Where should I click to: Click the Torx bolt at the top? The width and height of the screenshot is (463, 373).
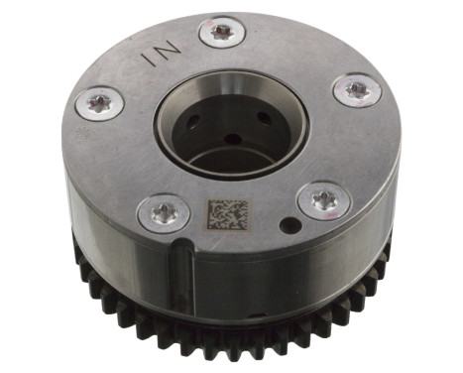coord(222,33)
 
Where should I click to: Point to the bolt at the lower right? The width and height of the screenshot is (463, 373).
coord(323,200)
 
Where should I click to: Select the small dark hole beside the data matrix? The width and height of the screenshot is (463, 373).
coord(288,225)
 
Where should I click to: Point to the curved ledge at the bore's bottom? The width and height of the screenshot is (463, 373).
coord(230,162)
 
